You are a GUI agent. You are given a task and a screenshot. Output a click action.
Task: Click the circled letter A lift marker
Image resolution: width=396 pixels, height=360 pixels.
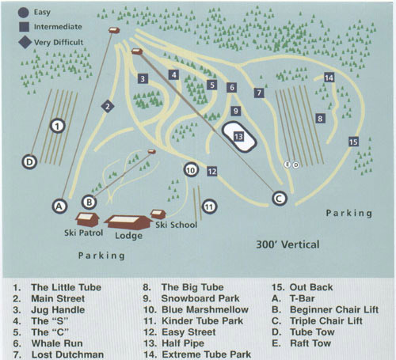tap(58, 206)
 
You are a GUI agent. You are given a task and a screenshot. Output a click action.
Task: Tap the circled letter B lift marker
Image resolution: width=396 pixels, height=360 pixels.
tap(89, 202)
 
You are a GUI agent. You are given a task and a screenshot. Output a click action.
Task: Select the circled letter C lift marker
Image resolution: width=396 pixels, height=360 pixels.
tap(279, 199)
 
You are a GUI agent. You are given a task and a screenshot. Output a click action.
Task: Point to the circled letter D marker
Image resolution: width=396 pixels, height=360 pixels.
tap(29, 162)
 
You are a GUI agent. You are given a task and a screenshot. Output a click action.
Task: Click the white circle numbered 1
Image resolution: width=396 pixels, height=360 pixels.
tap(57, 125)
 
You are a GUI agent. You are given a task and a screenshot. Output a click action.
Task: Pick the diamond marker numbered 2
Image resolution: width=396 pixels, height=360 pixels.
tap(108, 105)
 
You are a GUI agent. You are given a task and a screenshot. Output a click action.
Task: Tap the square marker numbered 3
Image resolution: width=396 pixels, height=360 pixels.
tap(143, 78)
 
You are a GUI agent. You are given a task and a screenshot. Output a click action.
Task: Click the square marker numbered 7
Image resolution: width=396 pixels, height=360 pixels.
tap(259, 93)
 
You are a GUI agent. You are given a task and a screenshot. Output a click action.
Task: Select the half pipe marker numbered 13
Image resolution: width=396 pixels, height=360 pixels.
tap(239, 136)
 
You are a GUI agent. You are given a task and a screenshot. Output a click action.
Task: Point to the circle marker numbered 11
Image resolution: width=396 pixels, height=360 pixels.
tap(208, 207)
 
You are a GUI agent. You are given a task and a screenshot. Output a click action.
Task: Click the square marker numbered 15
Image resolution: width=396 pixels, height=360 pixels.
tap(353, 142)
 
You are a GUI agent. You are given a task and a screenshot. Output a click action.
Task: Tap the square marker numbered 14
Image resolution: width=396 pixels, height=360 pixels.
tap(329, 78)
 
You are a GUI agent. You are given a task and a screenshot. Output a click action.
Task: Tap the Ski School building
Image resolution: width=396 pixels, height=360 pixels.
tap(158, 214)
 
